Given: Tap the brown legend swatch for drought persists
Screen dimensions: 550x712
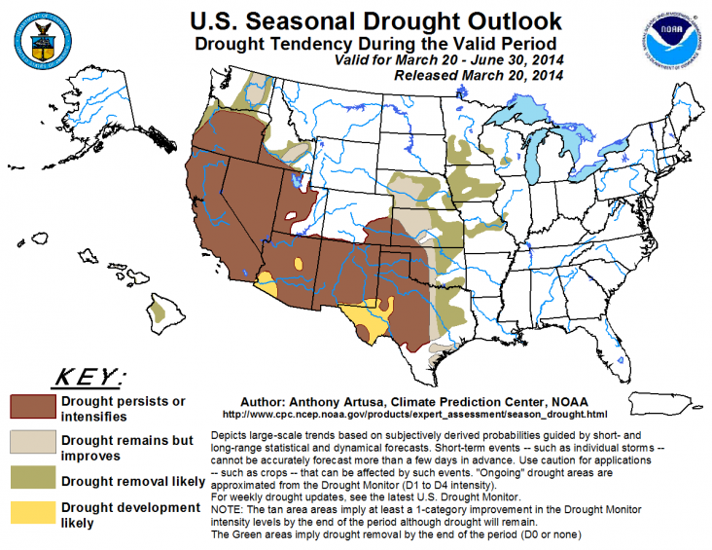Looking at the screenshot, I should pyautogui.click(x=33, y=407).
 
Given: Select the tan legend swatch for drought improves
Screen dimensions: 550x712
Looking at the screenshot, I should pyautogui.click(x=33, y=444).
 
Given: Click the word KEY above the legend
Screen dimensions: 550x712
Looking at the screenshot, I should pyautogui.click(x=84, y=377).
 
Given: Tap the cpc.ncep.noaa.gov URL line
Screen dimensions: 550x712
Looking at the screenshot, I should pyautogui.click(x=408, y=414).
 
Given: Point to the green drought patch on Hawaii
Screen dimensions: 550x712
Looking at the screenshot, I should pyautogui.click(x=158, y=312).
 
